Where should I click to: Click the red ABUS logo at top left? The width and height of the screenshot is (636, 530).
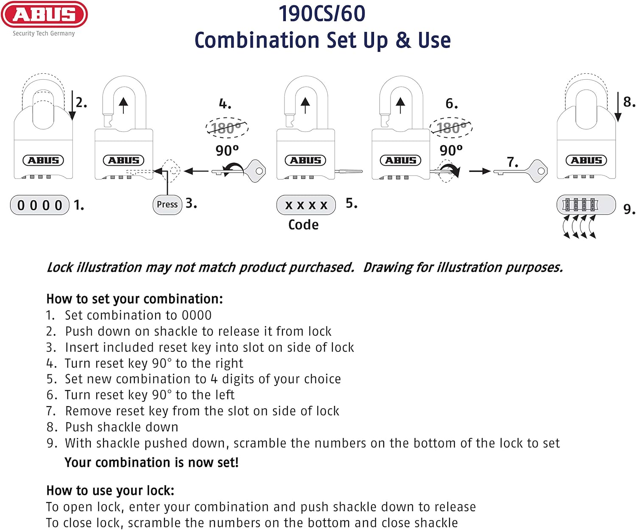tap(44, 15)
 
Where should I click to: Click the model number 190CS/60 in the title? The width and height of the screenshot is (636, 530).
tap(322, 14)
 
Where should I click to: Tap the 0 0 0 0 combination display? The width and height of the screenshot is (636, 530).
tap(40, 205)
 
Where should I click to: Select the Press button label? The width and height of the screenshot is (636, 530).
tap(167, 204)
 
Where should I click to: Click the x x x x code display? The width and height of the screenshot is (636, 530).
tap(306, 205)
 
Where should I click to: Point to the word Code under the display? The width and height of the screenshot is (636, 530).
tap(303, 225)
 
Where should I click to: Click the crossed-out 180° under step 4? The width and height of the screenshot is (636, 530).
tap(226, 128)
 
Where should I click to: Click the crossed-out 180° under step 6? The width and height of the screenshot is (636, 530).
tap(451, 128)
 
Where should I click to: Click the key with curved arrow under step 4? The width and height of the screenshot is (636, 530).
tap(240, 171)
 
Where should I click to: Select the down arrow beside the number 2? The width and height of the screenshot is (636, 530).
tap(72, 106)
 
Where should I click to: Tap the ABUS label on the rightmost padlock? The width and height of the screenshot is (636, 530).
tap(586, 160)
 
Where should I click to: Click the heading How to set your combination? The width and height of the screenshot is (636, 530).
tap(134, 299)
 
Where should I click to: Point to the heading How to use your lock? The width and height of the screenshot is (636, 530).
tap(110, 491)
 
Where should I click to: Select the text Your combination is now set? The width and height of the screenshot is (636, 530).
tap(151, 462)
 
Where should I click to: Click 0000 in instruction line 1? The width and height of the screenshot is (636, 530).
tap(197, 315)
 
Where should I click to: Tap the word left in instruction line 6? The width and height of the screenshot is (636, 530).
tap(224, 395)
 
